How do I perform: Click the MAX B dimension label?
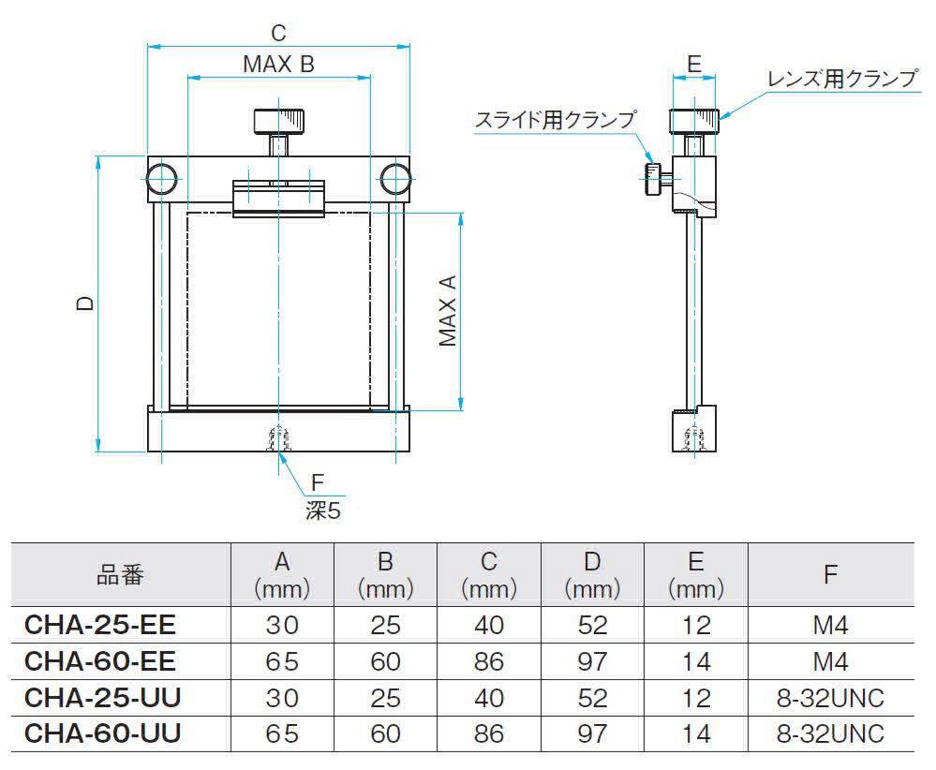(278, 64)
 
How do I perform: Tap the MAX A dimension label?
(447, 310)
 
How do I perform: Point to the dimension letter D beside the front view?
(85, 304)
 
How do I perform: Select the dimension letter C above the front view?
(279, 33)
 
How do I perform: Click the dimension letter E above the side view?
(693, 64)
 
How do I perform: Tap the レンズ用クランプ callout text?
(842, 79)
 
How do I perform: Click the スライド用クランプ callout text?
(555, 120)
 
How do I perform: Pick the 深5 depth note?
(323, 511)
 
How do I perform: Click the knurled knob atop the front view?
(280, 121)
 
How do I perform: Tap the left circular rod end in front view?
(162, 178)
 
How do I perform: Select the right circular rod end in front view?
(395, 178)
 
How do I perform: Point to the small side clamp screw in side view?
(653, 177)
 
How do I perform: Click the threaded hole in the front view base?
(278, 438)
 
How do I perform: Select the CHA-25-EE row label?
(99, 625)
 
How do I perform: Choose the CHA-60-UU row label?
(102, 733)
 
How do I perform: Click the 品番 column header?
(120, 575)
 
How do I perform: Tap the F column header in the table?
(830, 575)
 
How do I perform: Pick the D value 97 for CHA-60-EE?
(591, 661)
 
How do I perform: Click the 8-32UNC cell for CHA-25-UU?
(830, 698)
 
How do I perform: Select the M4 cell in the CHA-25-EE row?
(830, 625)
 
